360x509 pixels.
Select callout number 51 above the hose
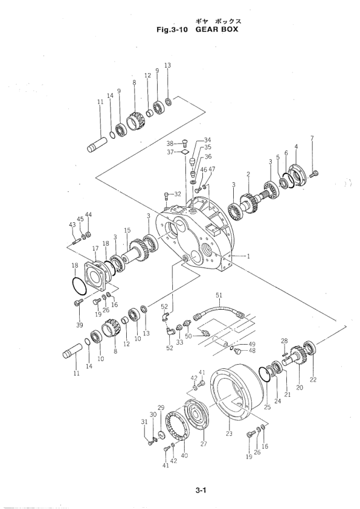click(x=219, y=295)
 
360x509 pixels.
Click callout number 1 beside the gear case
click(x=248, y=257)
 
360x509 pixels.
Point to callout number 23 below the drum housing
click(x=229, y=434)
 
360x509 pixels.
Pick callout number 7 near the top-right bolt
click(x=312, y=138)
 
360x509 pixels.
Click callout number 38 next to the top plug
click(x=170, y=144)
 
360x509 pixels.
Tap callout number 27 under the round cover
click(x=204, y=444)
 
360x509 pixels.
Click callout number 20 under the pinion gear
click(x=300, y=387)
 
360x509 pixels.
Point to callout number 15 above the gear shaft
click(x=127, y=230)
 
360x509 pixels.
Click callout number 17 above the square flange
click(x=95, y=248)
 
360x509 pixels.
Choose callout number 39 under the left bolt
click(x=80, y=325)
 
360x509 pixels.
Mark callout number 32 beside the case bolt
click(x=178, y=194)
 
